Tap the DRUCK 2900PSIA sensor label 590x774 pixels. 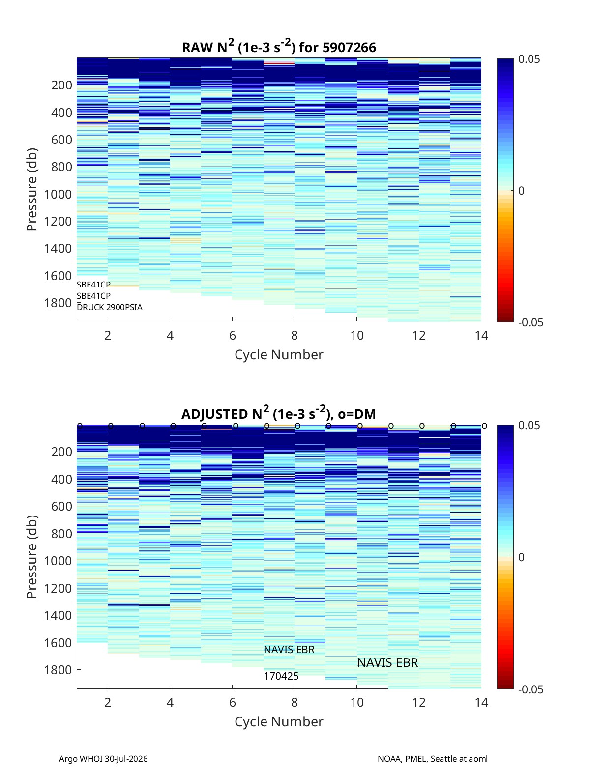(x=110, y=307)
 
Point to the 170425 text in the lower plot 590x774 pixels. (x=281, y=676)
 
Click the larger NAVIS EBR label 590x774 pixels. (x=387, y=662)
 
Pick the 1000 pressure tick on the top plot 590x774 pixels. (x=58, y=194)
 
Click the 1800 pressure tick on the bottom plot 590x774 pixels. (x=58, y=669)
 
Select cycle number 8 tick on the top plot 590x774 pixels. (x=295, y=335)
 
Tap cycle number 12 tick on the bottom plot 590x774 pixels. (x=419, y=702)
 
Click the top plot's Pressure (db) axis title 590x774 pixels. (x=32, y=189)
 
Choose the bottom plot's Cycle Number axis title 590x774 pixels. (x=279, y=722)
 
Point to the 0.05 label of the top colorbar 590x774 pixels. (x=529, y=59)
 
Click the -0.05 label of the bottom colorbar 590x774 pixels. (x=531, y=689)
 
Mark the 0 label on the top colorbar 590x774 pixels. (x=521, y=191)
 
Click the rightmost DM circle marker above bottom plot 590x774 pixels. (x=485, y=426)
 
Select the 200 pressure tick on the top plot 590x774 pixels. (x=61, y=85)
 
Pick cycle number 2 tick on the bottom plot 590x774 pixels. (x=108, y=702)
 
